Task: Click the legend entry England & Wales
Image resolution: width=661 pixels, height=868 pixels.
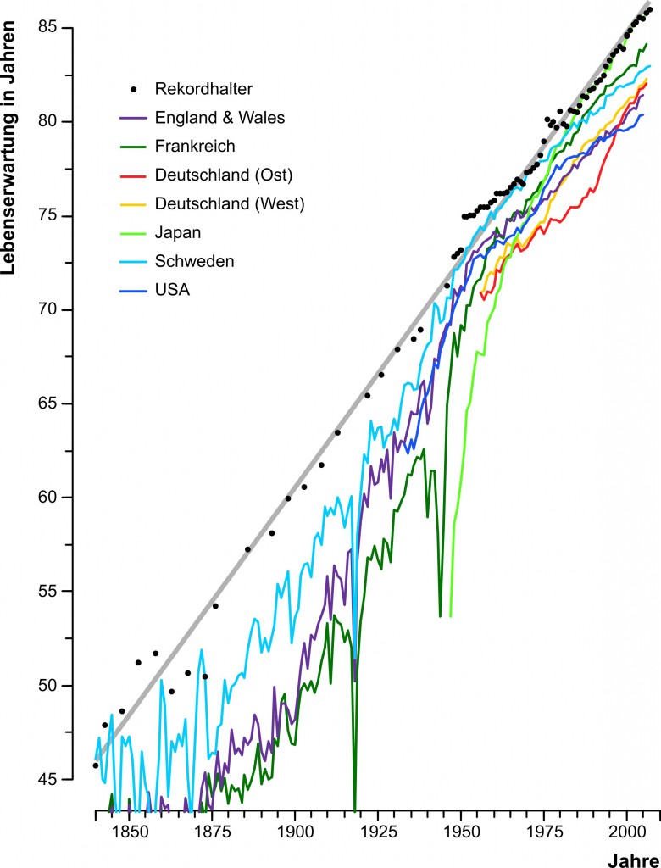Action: [219, 118]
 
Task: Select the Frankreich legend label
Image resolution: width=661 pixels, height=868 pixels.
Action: [194, 147]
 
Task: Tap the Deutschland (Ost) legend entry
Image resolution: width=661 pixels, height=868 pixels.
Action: [223, 175]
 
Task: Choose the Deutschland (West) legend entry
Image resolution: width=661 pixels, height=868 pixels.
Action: [229, 203]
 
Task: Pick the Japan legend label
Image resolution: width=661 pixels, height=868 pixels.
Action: [177, 232]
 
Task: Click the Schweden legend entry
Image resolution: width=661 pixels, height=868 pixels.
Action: [194, 261]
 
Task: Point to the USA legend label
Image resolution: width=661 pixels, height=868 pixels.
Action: [172, 290]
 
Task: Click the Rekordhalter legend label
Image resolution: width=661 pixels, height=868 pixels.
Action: [203, 88]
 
